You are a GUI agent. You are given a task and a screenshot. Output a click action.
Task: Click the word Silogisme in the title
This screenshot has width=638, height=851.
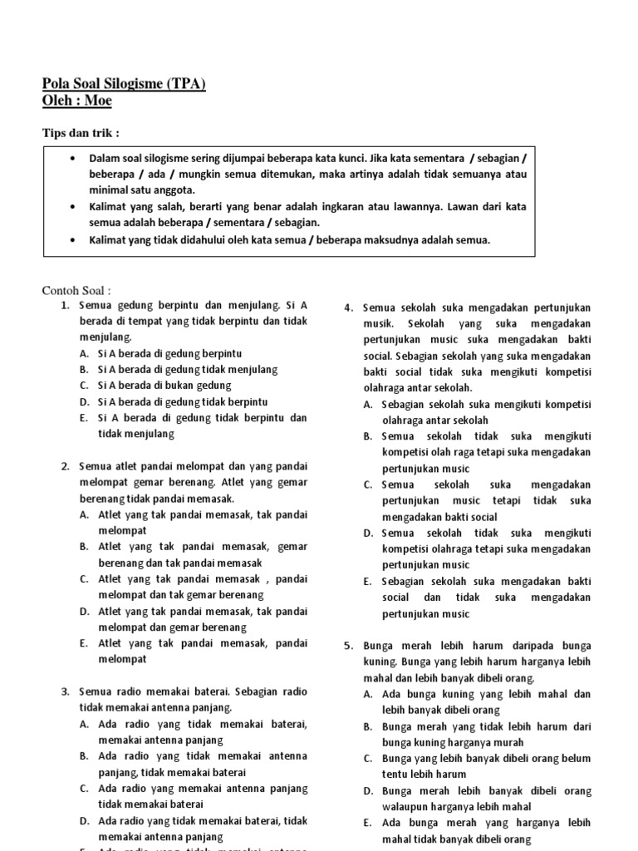134,84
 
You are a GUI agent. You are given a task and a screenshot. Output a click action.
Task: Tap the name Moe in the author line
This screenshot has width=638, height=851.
98,101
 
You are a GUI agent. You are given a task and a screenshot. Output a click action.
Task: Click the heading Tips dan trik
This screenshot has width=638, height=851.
81,133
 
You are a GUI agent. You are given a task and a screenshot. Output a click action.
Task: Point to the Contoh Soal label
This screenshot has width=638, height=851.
76,290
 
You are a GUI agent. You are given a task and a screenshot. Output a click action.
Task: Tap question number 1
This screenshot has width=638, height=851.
64,306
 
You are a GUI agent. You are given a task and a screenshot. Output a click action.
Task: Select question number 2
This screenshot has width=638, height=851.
64,466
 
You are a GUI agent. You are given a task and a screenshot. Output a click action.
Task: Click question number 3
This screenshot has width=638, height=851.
64,691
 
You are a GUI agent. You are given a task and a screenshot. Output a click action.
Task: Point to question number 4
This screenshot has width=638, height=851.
348,308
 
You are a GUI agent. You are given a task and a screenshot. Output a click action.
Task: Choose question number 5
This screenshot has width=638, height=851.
348,646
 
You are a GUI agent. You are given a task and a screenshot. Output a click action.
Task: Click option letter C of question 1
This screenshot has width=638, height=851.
85,386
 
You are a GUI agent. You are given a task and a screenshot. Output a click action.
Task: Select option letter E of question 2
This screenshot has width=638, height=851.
85,643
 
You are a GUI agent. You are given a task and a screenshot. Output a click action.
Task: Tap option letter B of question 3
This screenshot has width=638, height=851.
85,756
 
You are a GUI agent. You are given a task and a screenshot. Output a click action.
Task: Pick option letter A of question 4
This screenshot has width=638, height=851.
367,405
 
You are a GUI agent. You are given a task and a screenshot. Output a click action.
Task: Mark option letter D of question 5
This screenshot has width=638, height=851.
367,790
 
